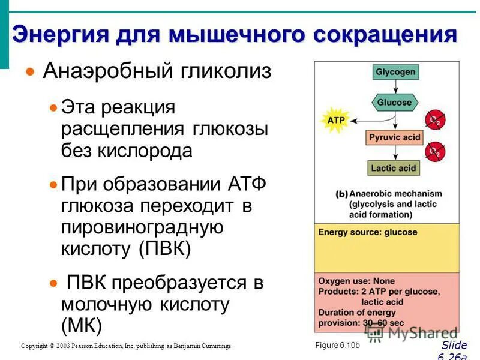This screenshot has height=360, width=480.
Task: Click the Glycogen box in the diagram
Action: pos(395,72)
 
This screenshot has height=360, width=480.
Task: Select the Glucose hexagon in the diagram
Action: pos(394,102)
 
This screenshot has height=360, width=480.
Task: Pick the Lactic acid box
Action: pos(393,169)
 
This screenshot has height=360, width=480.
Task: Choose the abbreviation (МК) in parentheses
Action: pos(82,325)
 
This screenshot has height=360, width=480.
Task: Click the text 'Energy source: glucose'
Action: pos(360,232)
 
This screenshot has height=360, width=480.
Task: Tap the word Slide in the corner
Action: pos(453,345)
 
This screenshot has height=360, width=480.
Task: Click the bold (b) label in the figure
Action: pos(342,194)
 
